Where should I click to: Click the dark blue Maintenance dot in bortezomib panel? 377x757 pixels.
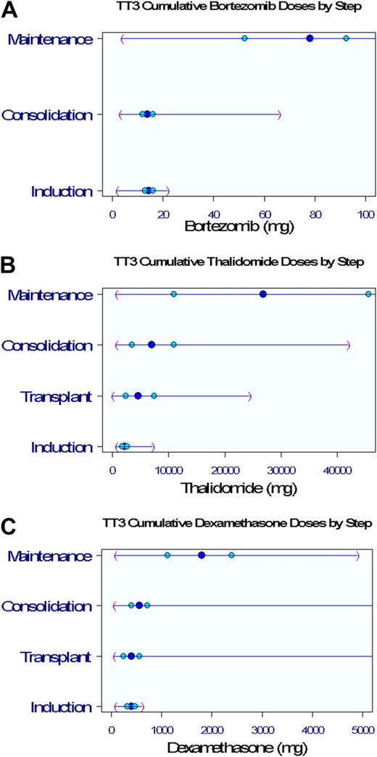click(x=310, y=38)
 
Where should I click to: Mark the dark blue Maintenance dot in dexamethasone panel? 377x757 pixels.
click(x=202, y=555)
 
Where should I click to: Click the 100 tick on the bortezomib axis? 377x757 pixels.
click(x=365, y=214)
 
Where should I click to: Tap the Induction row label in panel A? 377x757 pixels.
click(x=62, y=191)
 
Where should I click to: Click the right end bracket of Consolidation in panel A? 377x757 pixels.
click(x=279, y=114)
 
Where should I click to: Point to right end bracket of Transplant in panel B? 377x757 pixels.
click(x=249, y=396)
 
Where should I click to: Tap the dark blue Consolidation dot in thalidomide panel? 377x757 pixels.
click(x=152, y=345)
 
